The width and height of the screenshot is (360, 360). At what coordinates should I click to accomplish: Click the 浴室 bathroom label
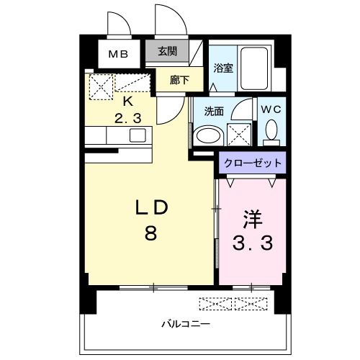(x=223, y=68)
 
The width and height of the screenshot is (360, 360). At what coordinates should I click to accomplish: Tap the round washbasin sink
(x=210, y=135)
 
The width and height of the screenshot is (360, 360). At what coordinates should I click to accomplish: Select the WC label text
(x=272, y=109)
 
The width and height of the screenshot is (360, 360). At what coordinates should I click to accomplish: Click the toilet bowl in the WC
(x=271, y=131)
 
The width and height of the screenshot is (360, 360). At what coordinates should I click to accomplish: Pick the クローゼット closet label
(x=252, y=163)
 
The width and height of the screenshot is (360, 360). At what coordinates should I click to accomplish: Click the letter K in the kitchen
(x=127, y=102)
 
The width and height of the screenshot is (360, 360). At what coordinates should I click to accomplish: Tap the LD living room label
(x=153, y=207)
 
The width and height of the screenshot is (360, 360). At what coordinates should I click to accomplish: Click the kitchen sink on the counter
(x=137, y=135)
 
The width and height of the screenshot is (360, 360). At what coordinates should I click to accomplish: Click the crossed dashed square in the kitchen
(x=102, y=87)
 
